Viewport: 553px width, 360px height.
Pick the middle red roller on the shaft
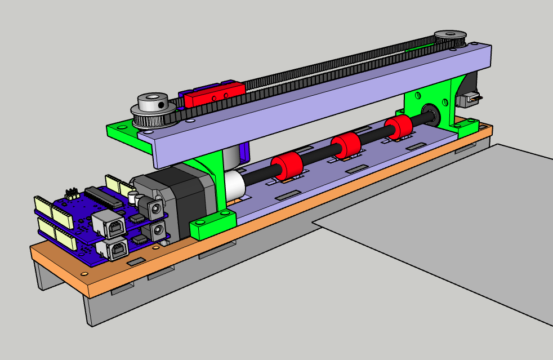tap(346, 146)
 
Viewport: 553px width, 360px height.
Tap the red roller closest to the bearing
tap(398, 128)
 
